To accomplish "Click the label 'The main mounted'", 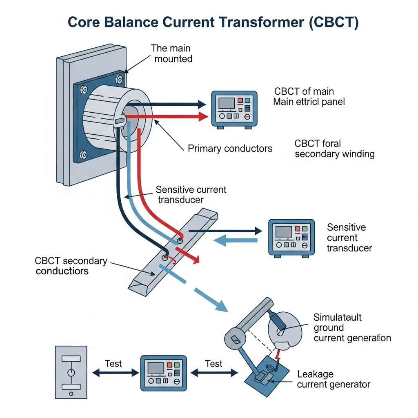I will click(171, 53).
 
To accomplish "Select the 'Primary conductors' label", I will click(230, 148).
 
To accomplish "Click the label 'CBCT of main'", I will click(304, 91).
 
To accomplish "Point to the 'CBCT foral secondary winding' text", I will click(334, 149).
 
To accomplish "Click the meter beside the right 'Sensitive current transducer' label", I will click(291, 238).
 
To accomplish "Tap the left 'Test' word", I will click(113, 363).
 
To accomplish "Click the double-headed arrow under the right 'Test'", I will click(214, 372).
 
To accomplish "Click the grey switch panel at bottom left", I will click(71, 372).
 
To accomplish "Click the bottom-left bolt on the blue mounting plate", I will click(84, 154).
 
